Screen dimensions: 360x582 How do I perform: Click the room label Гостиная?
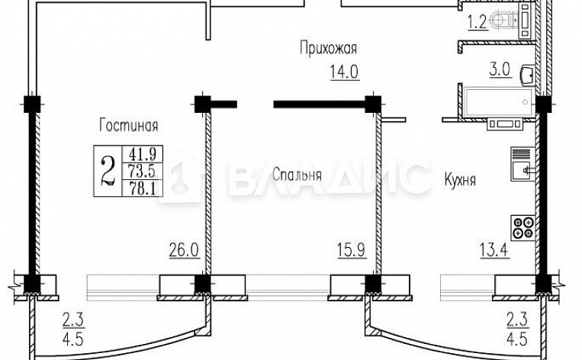(x=127, y=124)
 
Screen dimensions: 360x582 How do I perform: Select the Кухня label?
(x=460, y=181)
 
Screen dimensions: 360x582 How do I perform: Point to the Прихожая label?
(x=328, y=50)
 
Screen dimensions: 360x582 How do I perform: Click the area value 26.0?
(x=185, y=248)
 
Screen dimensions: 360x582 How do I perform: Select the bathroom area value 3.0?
(x=500, y=71)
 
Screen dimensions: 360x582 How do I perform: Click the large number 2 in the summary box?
(x=108, y=168)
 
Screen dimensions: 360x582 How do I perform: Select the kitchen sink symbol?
(x=523, y=166)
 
